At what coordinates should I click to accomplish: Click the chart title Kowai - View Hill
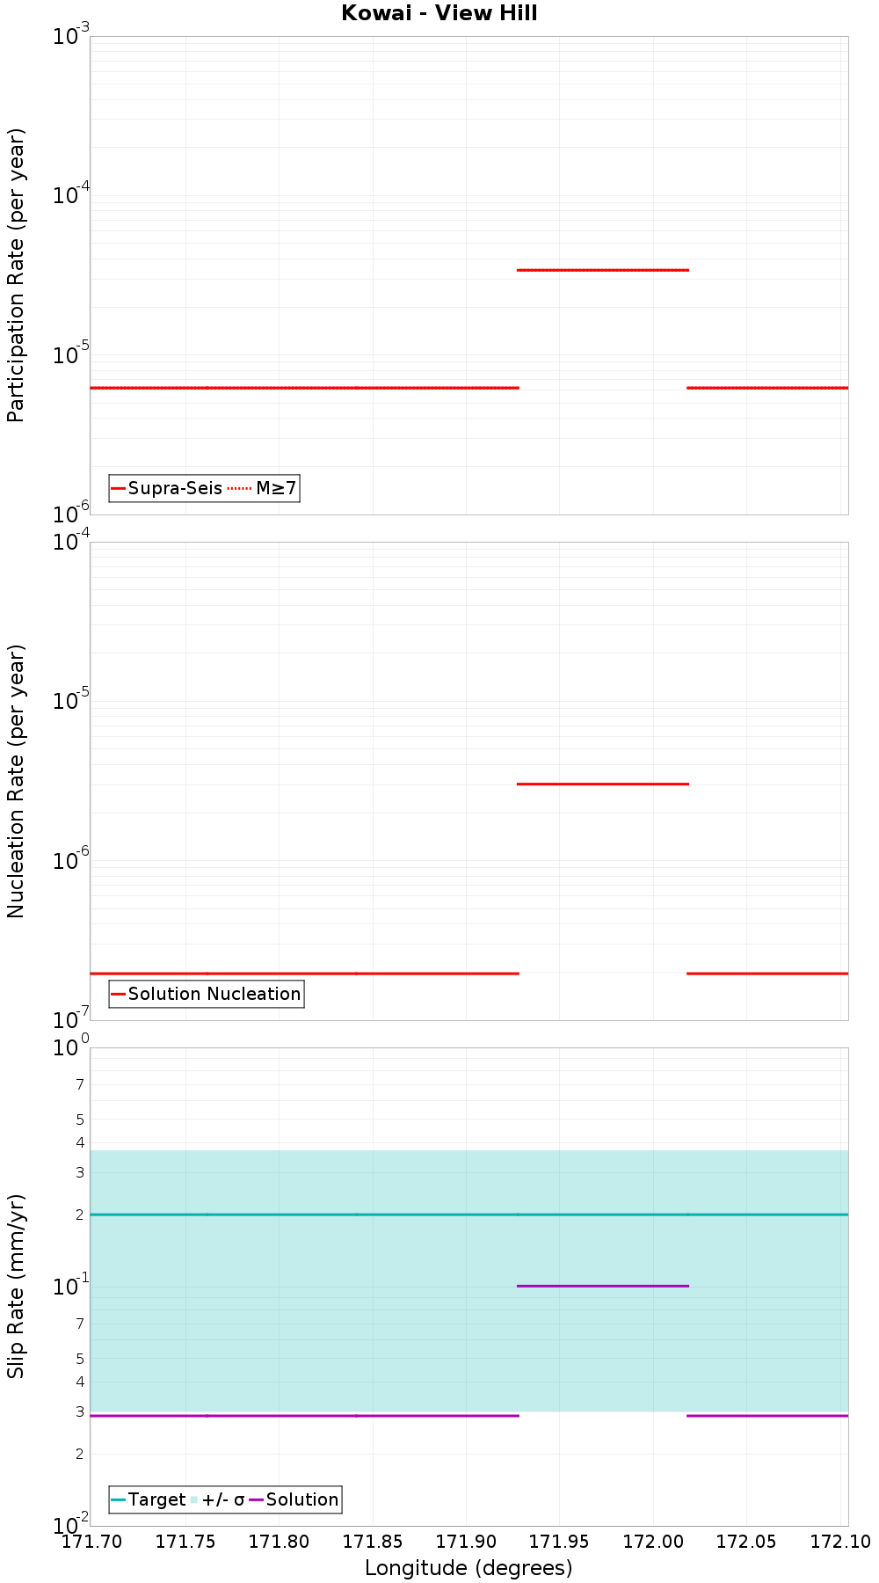coord(439,13)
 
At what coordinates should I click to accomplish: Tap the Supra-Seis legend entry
coord(167,488)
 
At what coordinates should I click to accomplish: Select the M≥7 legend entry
coord(263,488)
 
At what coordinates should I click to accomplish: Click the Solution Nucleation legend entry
coord(207,994)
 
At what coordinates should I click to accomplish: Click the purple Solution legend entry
coord(294,1499)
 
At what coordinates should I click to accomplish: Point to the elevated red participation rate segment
coord(602,270)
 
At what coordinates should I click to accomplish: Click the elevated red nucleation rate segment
coord(602,784)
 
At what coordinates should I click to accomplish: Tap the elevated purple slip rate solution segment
coord(602,1286)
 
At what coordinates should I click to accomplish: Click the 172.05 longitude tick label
coord(746,1542)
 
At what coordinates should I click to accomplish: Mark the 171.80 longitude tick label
coord(279,1542)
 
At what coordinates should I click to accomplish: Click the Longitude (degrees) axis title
coord(469,1568)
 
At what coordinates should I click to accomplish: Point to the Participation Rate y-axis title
coord(16,275)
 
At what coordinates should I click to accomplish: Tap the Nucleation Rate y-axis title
coord(16,781)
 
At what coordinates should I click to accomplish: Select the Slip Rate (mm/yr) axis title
coord(16,1286)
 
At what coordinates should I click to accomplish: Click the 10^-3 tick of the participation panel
coord(70,37)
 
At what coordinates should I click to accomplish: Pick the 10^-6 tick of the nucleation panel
coord(70,861)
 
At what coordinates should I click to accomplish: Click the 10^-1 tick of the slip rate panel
coord(70,1286)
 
